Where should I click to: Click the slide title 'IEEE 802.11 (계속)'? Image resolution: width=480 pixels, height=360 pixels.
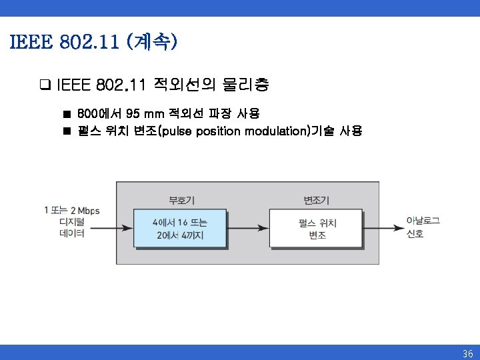[93, 43]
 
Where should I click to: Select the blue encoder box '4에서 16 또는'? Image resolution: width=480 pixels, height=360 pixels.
[180, 229]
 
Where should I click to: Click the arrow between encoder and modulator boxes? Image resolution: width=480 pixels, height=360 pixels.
[247, 229]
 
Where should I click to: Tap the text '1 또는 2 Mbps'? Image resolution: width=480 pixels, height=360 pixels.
[71, 211]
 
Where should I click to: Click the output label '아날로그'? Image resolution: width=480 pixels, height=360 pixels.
[423, 221]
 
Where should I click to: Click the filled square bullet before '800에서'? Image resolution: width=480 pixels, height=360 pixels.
[67, 114]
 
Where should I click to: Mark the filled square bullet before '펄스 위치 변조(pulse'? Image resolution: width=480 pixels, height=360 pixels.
[67, 131]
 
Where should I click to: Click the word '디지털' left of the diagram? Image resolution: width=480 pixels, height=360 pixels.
[71, 222]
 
